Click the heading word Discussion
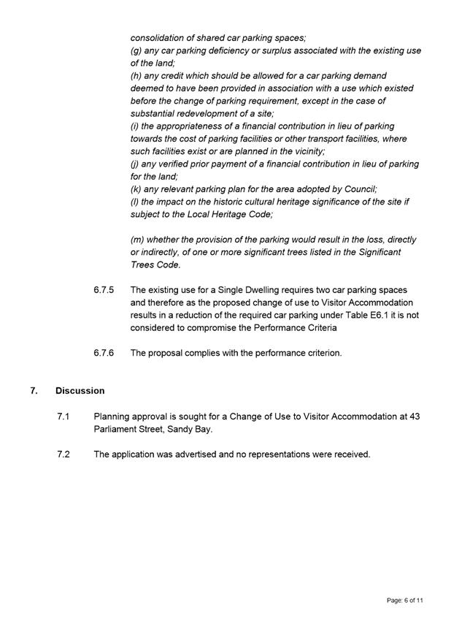(80, 391)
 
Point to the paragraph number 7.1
(63, 416)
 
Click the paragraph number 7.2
(63, 454)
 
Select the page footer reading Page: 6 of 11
(405, 600)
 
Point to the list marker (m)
(138, 240)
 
